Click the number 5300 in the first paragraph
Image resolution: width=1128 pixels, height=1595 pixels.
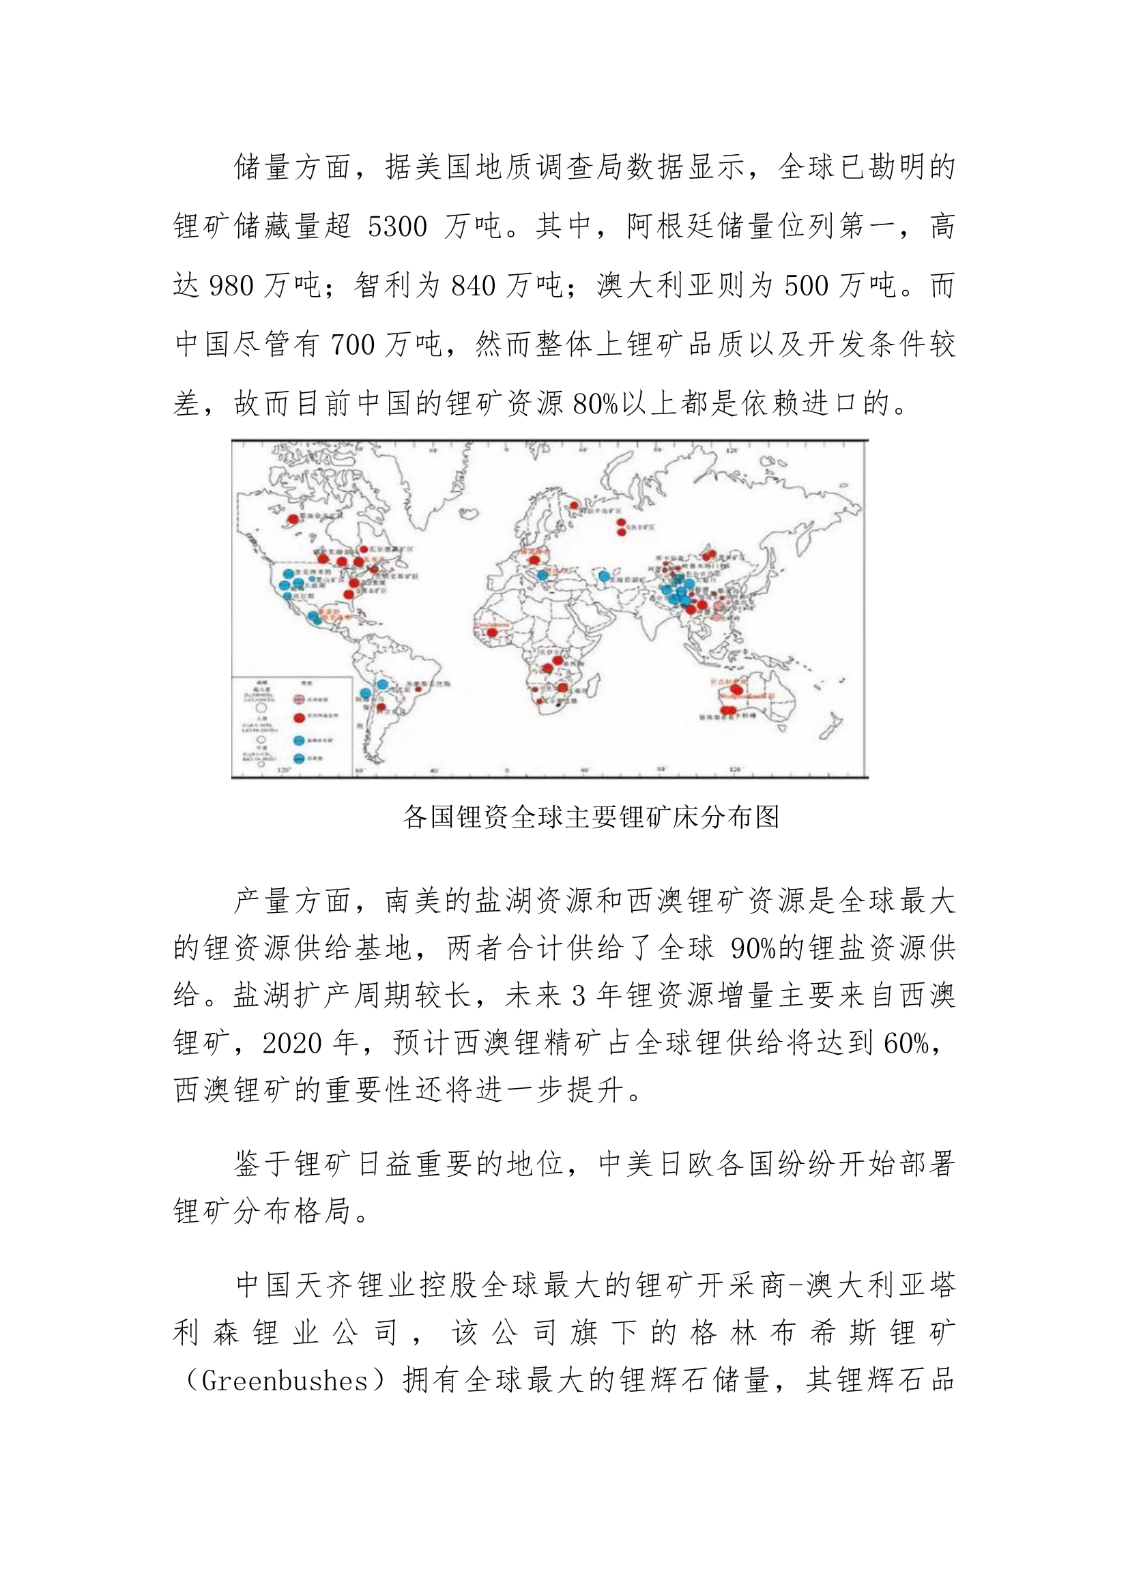coord(397,227)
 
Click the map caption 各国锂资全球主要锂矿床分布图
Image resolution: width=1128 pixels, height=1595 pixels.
coord(592,817)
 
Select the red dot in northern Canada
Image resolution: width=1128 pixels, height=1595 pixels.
coord(294,519)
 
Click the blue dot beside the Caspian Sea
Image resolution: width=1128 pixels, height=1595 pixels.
coord(604,576)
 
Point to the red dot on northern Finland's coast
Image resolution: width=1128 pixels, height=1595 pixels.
coord(574,505)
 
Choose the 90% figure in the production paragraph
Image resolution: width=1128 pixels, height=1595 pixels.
coord(753,949)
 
